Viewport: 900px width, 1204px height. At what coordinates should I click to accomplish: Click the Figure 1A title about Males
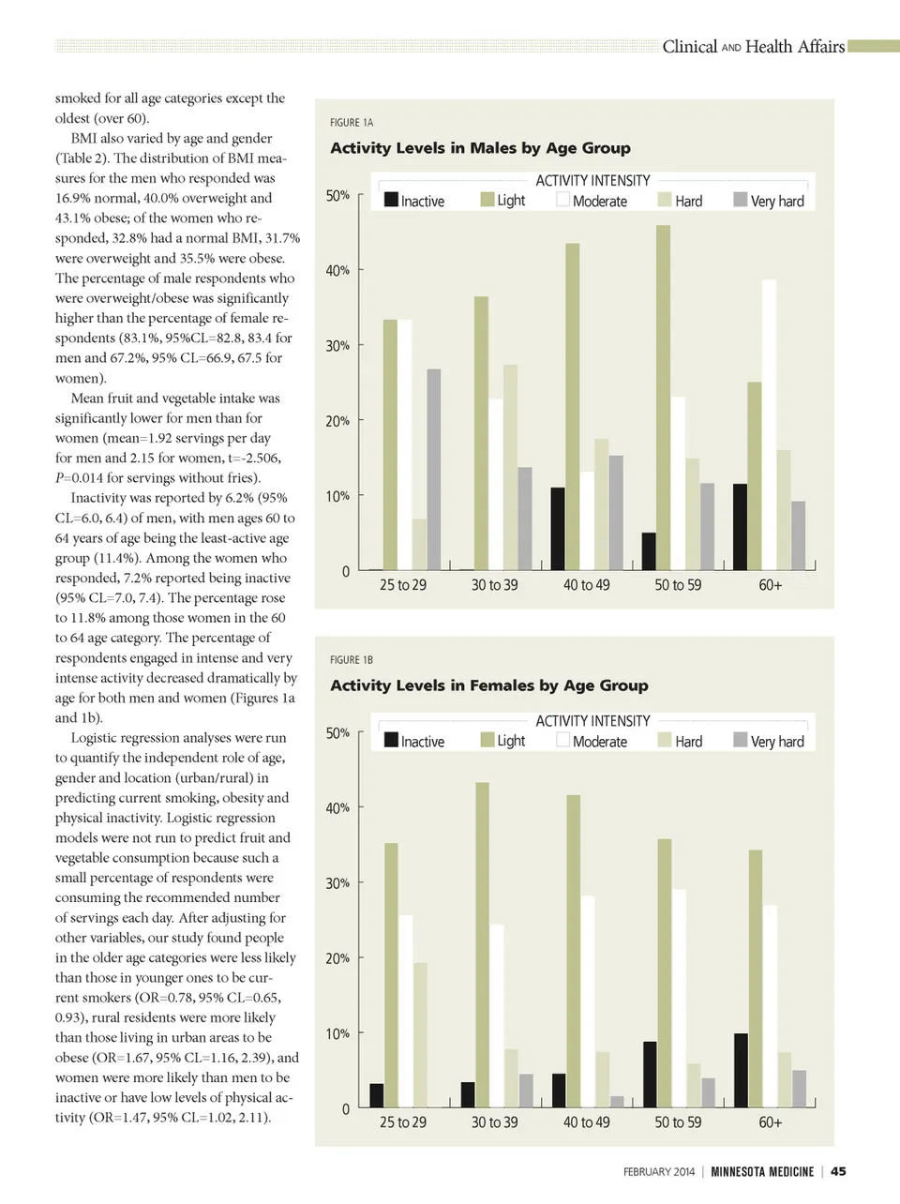[x=480, y=148]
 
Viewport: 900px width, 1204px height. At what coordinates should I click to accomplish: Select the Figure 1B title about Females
[x=488, y=685]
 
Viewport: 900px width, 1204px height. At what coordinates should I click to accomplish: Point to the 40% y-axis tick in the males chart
[x=337, y=270]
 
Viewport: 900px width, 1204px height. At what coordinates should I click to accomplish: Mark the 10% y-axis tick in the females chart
[x=337, y=1033]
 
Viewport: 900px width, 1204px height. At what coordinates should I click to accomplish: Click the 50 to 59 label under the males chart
[x=678, y=585]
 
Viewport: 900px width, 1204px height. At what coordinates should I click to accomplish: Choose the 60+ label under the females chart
[x=770, y=1122]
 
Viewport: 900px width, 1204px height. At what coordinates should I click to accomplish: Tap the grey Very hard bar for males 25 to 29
[x=434, y=469]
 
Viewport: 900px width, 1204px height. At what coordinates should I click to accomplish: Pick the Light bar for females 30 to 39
[x=482, y=945]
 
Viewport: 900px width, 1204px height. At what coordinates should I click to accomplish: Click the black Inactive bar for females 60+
[x=741, y=1071]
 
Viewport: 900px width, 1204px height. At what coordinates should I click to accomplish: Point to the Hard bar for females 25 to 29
[x=420, y=1035]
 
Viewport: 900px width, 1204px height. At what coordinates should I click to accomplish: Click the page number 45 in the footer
[x=838, y=1171]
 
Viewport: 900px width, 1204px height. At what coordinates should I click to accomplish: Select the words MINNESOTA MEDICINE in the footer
[x=762, y=1171]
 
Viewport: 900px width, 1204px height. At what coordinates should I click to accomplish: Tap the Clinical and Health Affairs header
[x=753, y=47]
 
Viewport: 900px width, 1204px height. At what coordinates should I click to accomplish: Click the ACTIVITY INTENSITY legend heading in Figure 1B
[x=592, y=721]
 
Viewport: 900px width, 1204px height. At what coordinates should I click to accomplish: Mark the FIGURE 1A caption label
[x=352, y=123]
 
